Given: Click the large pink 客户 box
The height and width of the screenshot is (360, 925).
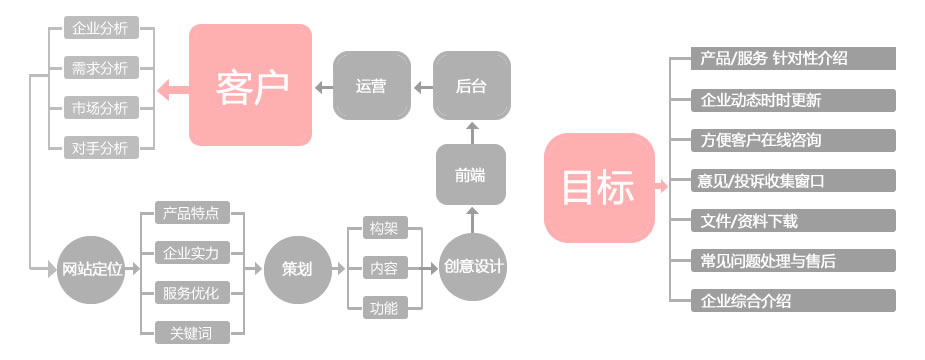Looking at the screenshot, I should [250, 86].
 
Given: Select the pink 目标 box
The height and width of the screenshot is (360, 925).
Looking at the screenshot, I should [598, 187].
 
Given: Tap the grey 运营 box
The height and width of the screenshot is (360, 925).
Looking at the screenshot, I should [371, 87].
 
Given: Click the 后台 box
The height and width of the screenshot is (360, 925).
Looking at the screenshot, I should [472, 87].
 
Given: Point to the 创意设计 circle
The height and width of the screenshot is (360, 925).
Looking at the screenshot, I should [474, 268].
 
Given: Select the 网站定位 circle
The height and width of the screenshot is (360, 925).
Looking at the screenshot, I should [92, 269].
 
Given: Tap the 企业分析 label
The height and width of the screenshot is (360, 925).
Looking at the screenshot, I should [100, 28].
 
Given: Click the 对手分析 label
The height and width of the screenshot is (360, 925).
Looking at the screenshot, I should [100, 148].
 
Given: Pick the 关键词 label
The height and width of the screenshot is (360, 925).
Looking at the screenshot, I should [191, 333].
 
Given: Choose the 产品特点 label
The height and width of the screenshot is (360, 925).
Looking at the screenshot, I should [191, 213].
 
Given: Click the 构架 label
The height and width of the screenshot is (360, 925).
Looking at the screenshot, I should [383, 228].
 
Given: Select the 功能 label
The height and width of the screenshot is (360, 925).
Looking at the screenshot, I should [383, 308].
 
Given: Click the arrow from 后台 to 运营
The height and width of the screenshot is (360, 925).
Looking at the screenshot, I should [421, 87].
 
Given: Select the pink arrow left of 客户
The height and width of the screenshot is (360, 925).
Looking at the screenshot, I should [172, 89].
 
